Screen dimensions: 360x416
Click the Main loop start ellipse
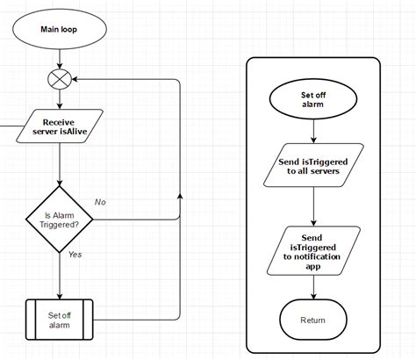(x=59, y=29)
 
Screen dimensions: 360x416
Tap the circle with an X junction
(x=59, y=80)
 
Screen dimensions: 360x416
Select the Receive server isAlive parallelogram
(x=59, y=127)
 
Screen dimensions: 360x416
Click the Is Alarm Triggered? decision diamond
(x=59, y=219)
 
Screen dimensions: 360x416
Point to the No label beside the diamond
(x=100, y=201)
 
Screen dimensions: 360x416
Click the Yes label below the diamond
(x=75, y=255)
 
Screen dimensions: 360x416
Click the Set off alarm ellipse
(x=313, y=97)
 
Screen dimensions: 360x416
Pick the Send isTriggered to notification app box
(x=313, y=250)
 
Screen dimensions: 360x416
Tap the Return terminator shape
(x=313, y=320)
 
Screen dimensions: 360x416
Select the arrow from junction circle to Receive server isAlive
(x=59, y=99)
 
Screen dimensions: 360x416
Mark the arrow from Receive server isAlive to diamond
(x=59, y=166)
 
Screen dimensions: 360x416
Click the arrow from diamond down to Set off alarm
(x=59, y=276)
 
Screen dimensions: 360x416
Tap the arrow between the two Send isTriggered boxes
(x=313, y=205)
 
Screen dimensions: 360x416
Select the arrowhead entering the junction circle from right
(x=74, y=80)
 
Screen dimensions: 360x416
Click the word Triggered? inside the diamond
(x=59, y=225)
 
